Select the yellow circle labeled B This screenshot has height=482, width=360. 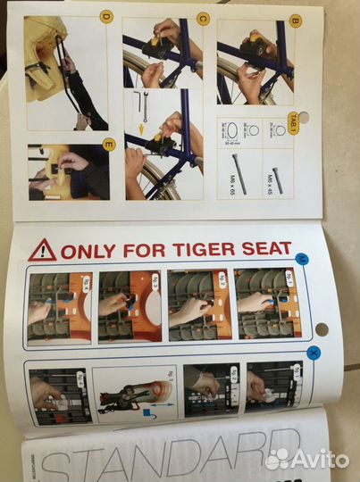tap(295, 19)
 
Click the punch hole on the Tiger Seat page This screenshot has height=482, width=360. tap(321, 329)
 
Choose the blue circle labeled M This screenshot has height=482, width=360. tap(302, 260)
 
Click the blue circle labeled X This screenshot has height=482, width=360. tap(313, 353)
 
